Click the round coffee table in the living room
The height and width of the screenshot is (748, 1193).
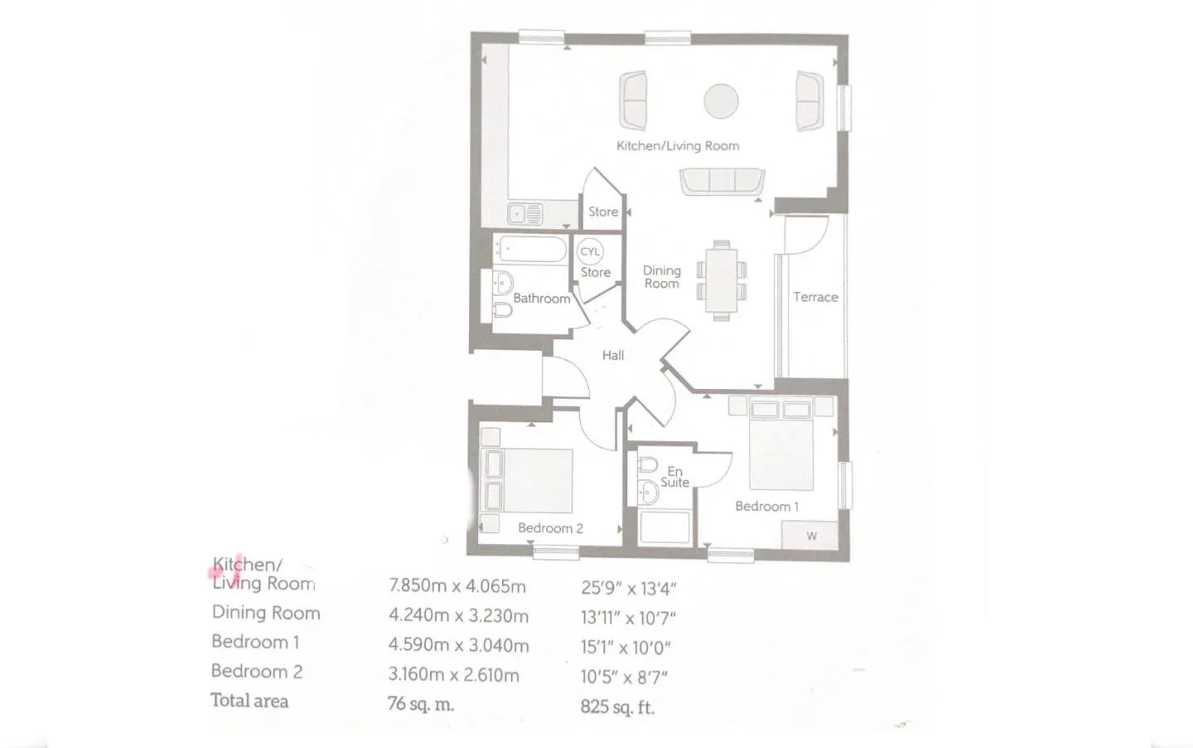click(x=721, y=101)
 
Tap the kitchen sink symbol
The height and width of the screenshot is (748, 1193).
click(x=525, y=214)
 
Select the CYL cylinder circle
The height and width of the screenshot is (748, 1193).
click(x=590, y=251)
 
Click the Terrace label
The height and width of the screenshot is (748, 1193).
click(x=815, y=297)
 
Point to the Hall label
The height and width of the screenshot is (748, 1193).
click(x=613, y=355)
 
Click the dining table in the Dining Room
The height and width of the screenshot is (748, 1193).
click(x=722, y=280)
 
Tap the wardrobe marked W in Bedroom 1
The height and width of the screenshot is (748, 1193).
click(x=809, y=535)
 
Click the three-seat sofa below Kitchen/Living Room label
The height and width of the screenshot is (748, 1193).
click(x=722, y=182)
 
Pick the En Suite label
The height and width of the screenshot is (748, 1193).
click(x=674, y=477)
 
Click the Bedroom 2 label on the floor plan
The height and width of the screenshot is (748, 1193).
click(x=551, y=527)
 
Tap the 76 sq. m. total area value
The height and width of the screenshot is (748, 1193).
click(x=421, y=704)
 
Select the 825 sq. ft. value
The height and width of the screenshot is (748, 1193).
click(x=617, y=707)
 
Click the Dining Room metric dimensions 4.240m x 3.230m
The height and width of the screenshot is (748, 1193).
click(x=459, y=616)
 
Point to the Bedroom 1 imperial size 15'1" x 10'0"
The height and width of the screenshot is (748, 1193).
click(x=625, y=648)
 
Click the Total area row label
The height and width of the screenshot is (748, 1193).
click(x=250, y=700)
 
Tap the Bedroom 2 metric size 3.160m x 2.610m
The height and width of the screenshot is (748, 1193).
click(x=454, y=675)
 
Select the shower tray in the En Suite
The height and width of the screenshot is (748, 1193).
click(x=665, y=527)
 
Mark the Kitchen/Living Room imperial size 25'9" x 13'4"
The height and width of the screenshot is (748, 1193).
click(x=629, y=589)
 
